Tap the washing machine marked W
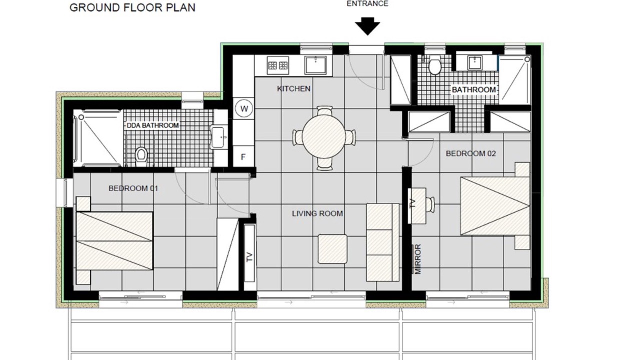click(244, 109)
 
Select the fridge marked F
click(243, 156)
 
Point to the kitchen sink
click(315, 65)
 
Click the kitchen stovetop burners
click(277, 66)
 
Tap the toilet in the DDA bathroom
click(141, 155)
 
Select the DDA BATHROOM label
click(153, 125)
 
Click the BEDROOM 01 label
click(133, 188)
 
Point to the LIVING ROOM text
click(317, 213)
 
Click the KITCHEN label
click(294, 89)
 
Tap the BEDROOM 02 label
click(471, 153)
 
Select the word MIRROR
click(418, 259)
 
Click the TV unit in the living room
click(249, 253)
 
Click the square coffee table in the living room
click(333, 249)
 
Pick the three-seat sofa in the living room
click(383, 242)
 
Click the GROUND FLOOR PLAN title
click(132, 7)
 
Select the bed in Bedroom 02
click(495, 206)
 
